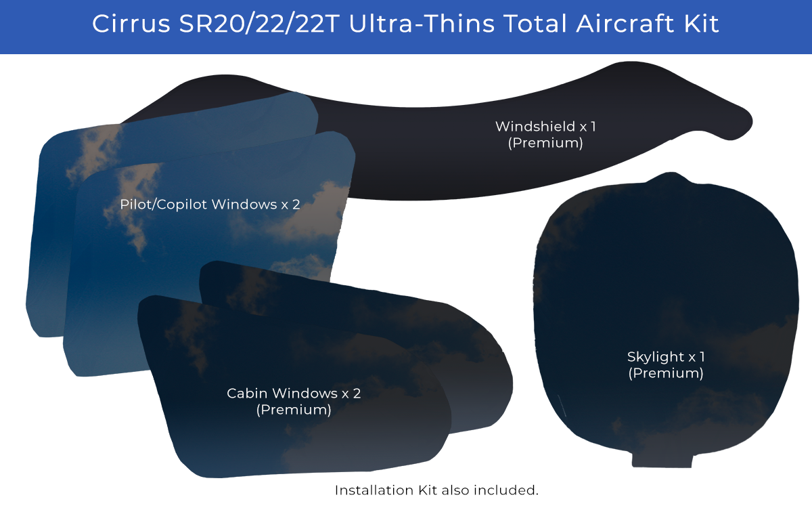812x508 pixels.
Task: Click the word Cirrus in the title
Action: pyautogui.click(x=131, y=24)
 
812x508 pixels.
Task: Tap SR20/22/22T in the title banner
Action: pyautogui.click(x=259, y=24)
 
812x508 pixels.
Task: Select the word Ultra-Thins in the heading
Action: pyautogui.click(x=422, y=24)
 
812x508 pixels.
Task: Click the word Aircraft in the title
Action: pyautogui.click(x=625, y=24)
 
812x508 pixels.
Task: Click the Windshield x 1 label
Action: pyautogui.click(x=545, y=127)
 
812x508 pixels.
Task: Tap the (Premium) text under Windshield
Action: pyautogui.click(x=545, y=143)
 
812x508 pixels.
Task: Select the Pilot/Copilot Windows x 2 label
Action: pyautogui.click(x=210, y=205)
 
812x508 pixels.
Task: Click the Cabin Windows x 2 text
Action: pyautogui.click(x=294, y=394)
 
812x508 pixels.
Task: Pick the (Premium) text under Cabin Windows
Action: pyautogui.click(x=294, y=410)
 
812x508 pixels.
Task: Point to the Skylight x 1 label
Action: pyautogui.click(x=666, y=357)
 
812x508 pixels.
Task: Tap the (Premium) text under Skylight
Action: pyautogui.click(x=666, y=373)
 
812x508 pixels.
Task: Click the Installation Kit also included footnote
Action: pyautogui.click(x=436, y=490)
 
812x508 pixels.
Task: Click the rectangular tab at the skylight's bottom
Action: pyautogui.click(x=662, y=460)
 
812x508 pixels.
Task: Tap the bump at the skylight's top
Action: pyautogui.click(x=671, y=179)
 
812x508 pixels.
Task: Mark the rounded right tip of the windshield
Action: pyautogui.click(x=748, y=123)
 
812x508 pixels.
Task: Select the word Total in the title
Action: pyautogui.click(x=535, y=24)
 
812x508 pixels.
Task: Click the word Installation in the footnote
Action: pyautogui.click(x=374, y=490)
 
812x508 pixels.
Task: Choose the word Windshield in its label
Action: pyautogui.click(x=535, y=127)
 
